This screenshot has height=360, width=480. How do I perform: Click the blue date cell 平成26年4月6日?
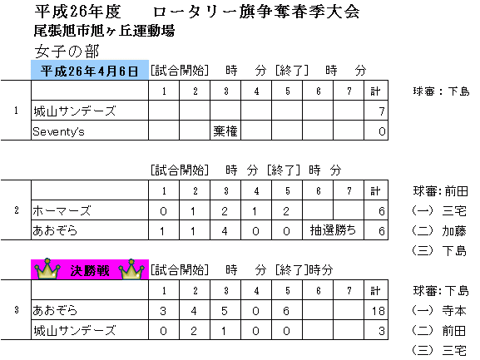pos(90,71)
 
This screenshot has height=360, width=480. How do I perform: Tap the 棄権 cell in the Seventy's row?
pos(225,131)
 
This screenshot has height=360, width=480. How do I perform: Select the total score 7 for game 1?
pos(382,111)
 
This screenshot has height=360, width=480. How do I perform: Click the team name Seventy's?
pos(58,131)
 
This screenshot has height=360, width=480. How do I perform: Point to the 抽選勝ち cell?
pos(333,230)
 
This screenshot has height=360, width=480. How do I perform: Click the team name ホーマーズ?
pos(62,210)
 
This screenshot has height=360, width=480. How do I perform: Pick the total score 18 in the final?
pos(378,311)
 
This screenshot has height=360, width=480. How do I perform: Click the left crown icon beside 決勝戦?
pos(47,269)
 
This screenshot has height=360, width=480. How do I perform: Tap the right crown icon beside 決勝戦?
pos(131,269)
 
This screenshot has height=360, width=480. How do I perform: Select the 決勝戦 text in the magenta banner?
pos(89,271)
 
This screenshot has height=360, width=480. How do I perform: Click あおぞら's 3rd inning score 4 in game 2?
pos(225,231)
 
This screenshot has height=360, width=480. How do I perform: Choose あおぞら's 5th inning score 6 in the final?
pos(286,311)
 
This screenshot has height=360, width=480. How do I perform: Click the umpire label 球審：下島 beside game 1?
pos(441,91)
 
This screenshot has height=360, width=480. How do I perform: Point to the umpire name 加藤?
pos(454,231)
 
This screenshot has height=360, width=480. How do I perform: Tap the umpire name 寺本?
pos(454,311)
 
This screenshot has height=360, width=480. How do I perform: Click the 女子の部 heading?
pos(67,51)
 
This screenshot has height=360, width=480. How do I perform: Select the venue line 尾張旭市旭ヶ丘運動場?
pos(104,31)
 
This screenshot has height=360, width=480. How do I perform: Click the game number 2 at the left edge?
pos(17,210)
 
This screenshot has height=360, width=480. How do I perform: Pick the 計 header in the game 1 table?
pos(375,91)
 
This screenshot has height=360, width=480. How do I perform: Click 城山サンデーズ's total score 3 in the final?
pos(382,331)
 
